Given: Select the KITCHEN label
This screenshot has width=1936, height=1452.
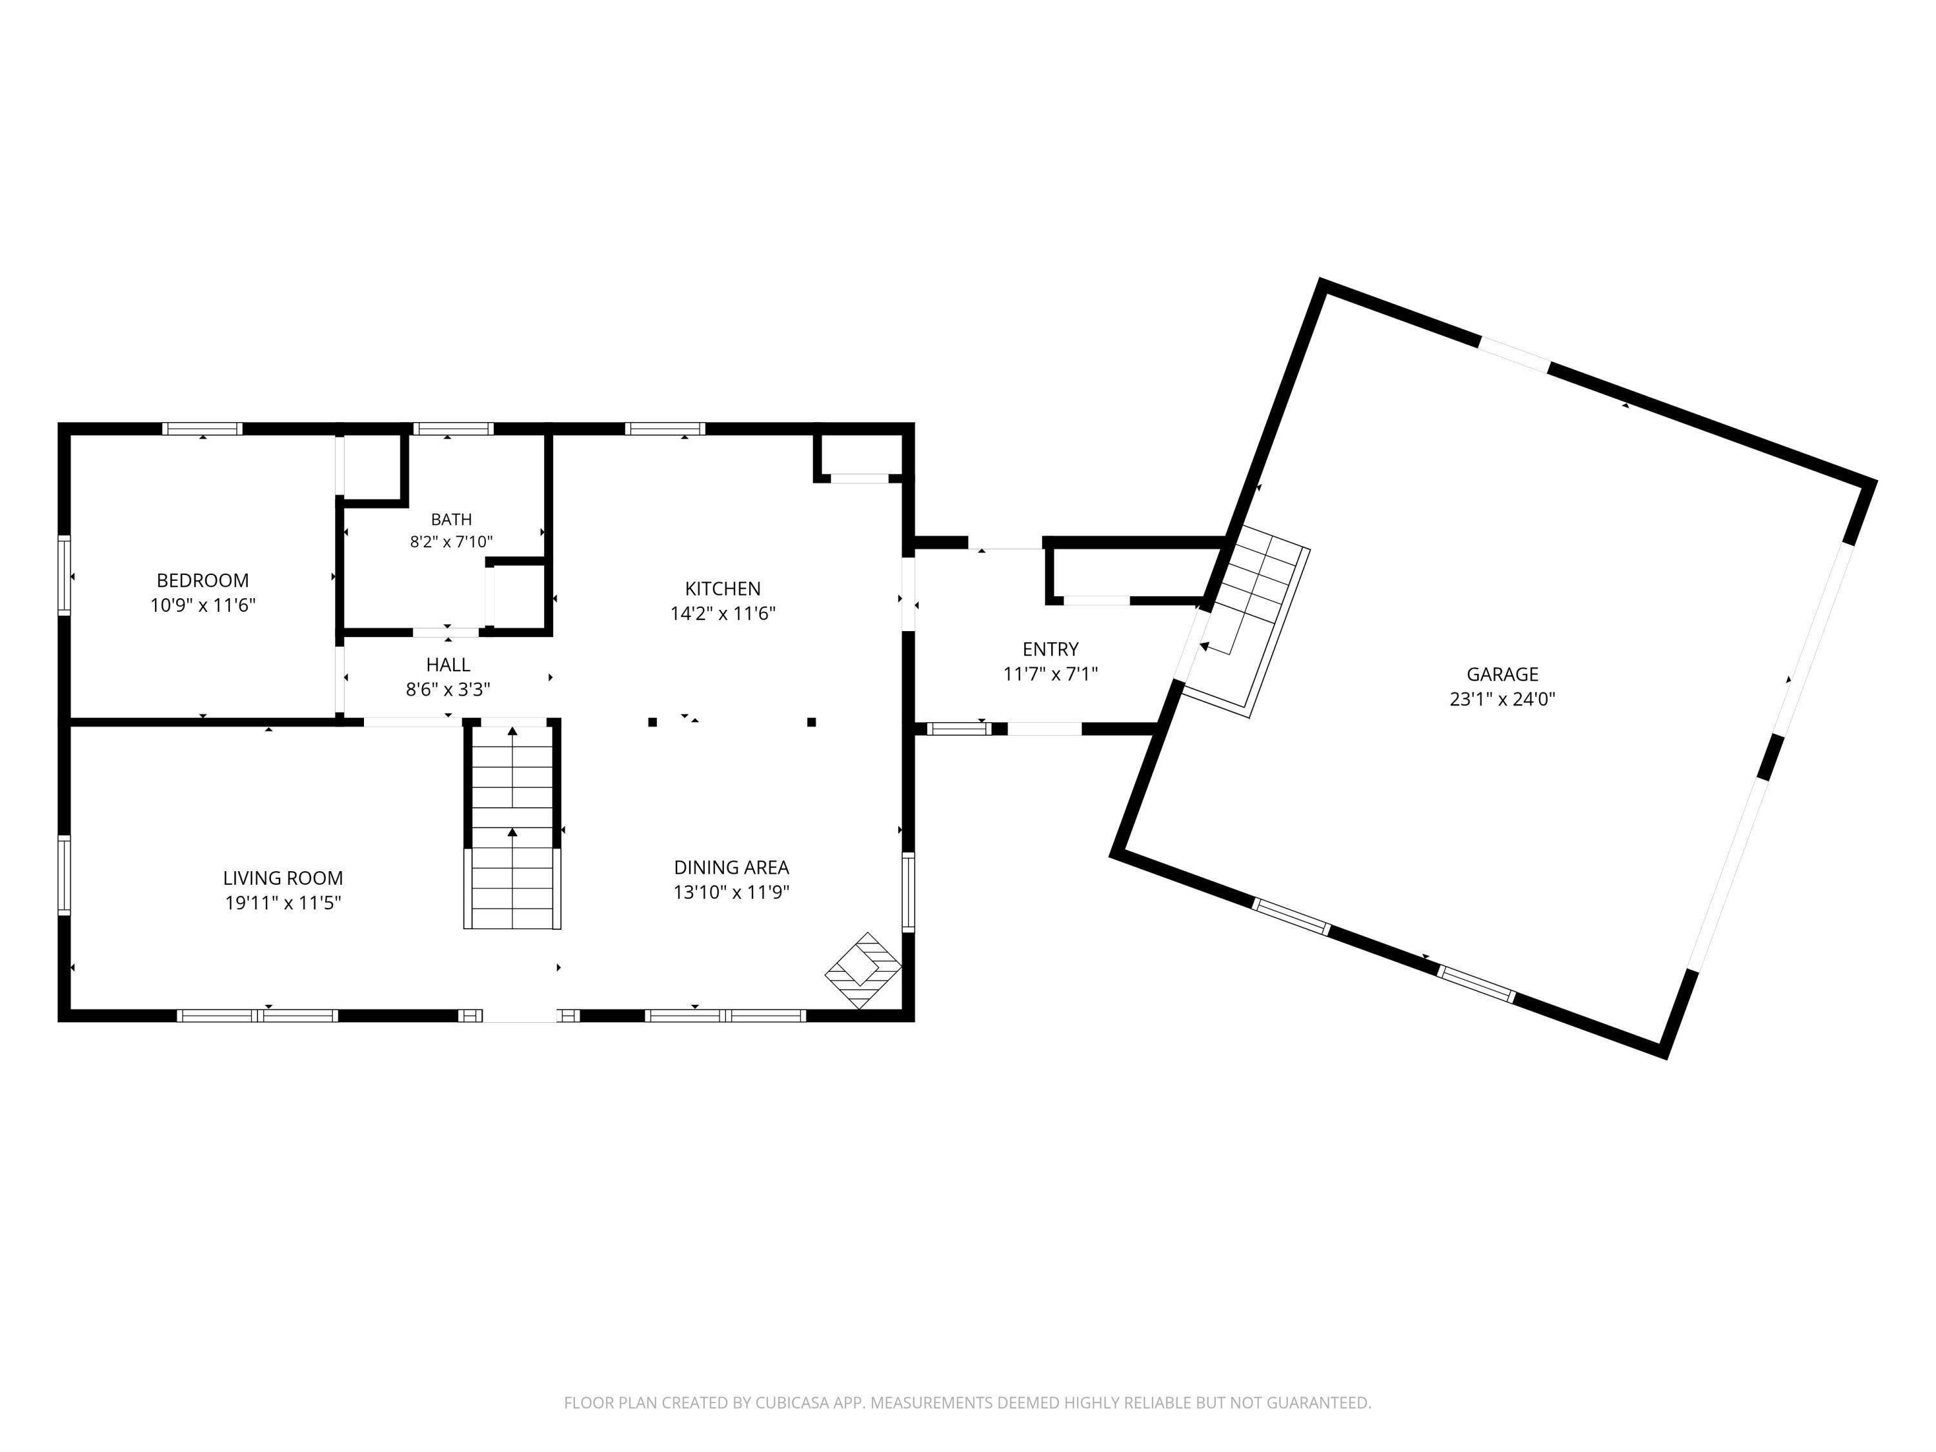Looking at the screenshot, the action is click(722, 589).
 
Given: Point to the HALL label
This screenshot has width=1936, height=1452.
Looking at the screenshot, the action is click(448, 665).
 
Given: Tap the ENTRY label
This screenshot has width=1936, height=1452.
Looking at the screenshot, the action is click(1050, 649).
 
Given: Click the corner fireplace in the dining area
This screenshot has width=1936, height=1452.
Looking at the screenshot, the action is click(864, 970).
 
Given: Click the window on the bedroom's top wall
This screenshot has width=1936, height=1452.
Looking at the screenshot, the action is click(202, 429).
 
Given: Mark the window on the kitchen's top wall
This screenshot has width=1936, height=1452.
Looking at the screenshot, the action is click(665, 429).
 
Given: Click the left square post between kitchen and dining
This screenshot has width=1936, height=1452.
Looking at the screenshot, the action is click(652, 722).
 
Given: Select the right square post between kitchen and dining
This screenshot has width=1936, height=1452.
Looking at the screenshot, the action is click(811, 722).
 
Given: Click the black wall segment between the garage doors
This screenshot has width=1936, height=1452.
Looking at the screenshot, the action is click(1771, 757).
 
